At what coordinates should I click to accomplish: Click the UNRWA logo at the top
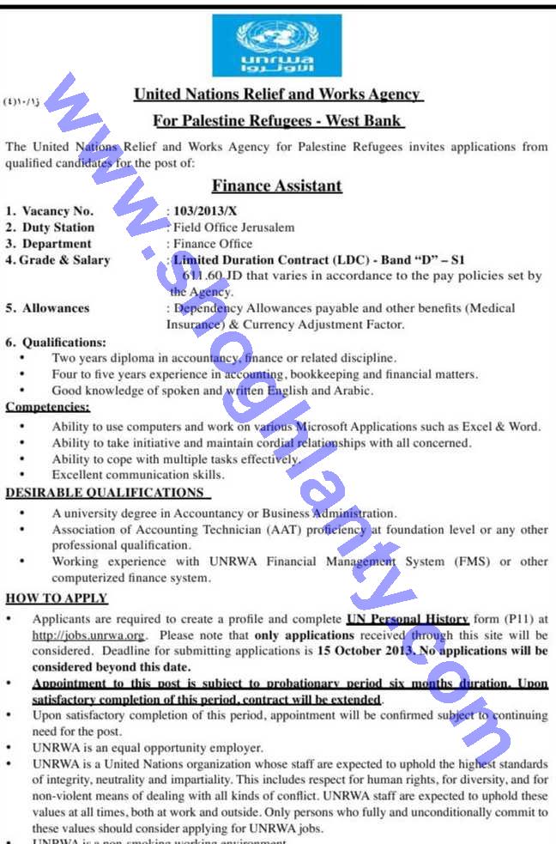(276, 45)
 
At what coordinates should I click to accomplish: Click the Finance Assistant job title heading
(276, 185)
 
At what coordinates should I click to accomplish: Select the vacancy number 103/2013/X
(203, 211)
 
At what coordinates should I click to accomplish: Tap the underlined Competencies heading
(47, 407)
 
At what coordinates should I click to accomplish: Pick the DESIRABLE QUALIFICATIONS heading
(104, 493)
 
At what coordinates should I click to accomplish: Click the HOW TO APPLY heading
(57, 598)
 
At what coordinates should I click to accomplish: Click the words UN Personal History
(407, 619)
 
